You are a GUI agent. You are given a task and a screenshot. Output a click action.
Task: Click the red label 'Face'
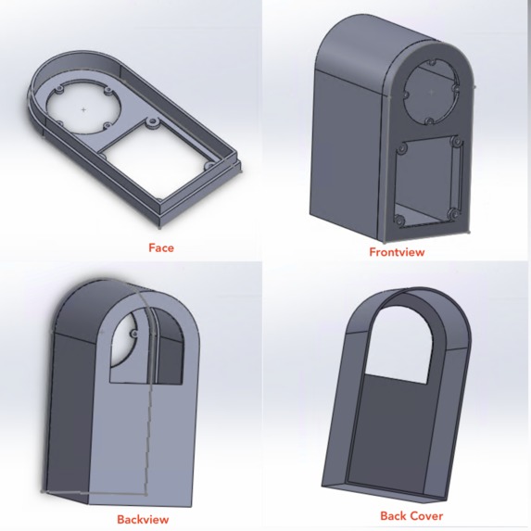(161, 247)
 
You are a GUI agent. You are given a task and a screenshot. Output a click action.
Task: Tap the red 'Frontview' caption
(397, 252)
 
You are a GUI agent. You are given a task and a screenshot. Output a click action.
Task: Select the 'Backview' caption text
(143, 520)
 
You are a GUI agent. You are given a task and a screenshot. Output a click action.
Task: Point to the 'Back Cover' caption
(411, 516)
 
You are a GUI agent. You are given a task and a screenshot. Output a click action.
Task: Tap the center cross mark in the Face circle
(83, 109)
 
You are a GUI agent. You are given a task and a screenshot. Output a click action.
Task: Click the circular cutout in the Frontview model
(432, 92)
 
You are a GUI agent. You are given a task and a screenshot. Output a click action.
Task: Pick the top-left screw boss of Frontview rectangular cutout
(403, 149)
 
